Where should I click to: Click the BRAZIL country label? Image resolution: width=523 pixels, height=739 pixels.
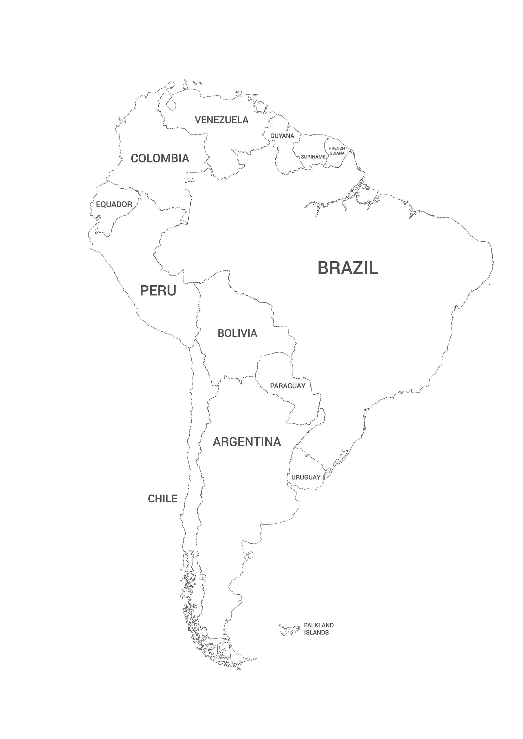(348, 268)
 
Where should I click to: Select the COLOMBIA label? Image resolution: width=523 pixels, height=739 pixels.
(160, 158)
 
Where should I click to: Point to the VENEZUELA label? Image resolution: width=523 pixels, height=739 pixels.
(222, 120)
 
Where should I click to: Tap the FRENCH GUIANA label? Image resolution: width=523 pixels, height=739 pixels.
(337, 151)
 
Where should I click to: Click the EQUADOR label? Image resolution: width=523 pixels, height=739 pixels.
(114, 204)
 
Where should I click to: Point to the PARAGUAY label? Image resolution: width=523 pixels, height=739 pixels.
(288, 386)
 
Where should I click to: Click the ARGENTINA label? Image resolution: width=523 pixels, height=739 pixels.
(247, 442)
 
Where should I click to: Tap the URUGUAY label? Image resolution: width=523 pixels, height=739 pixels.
(306, 477)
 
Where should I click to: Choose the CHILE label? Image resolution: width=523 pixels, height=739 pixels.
(162, 499)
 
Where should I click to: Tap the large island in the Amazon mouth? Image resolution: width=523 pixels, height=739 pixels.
(367, 195)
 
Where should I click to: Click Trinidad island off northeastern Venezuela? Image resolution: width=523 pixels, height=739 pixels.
(260, 105)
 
